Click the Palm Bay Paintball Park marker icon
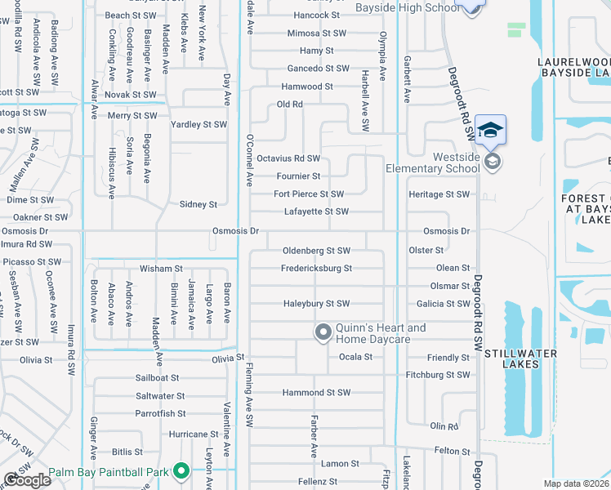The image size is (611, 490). tap(181, 471)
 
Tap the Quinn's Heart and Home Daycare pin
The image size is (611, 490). tap(323, 332)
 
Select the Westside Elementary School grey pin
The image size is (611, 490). tap(491, 161)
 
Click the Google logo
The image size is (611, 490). tap(28, 479)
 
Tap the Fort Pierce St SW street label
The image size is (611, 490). tap(308, 194)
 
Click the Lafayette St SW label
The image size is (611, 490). tap(316, 212)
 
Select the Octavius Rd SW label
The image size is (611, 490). tap(288, 158)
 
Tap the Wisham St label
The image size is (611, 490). tap(160, 268)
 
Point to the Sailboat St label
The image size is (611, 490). tap(157, 378)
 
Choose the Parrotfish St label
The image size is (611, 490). tap(161, 414)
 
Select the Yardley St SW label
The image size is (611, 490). tap(198, 125)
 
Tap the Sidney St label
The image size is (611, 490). tap(198, 205)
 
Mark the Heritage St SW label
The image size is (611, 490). tap(439, 194)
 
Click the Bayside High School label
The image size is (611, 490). tap(408, 7)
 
